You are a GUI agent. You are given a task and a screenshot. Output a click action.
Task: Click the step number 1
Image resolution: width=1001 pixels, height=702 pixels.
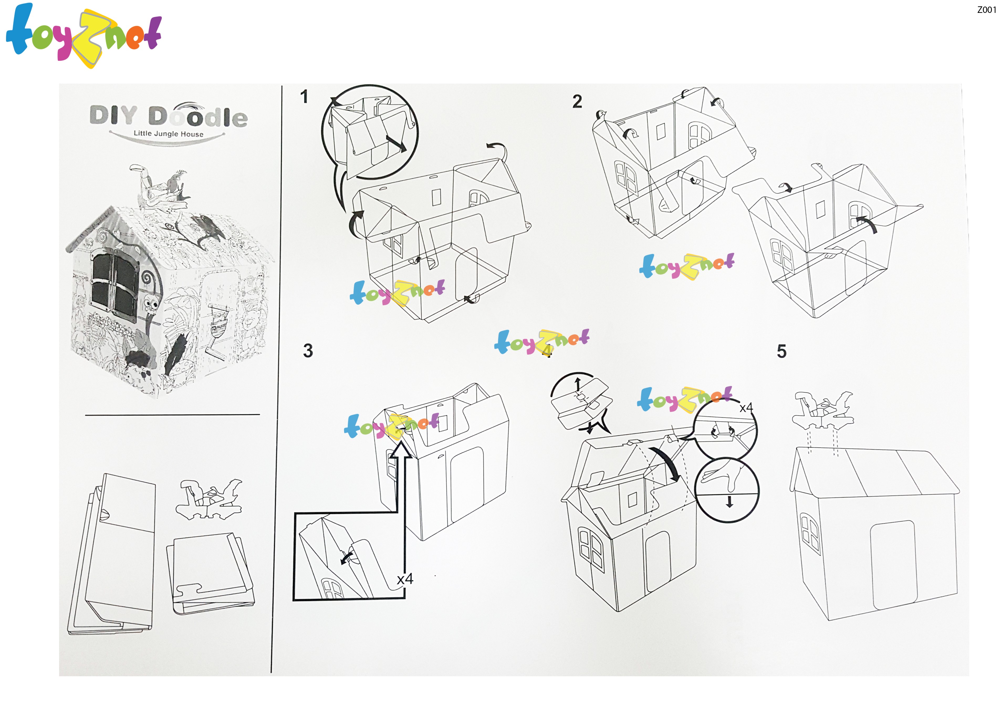tap(304, 96)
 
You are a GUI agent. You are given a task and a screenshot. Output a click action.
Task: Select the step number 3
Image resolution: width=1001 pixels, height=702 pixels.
tap(308, 351)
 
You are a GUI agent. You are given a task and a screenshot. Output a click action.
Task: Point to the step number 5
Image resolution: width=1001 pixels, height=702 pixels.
tap(782, 351)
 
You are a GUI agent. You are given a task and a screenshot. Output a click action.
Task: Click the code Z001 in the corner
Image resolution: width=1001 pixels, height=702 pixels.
tap(987, 10)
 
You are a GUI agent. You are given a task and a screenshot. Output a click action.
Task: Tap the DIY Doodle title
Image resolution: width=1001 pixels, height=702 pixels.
tap(169, 116)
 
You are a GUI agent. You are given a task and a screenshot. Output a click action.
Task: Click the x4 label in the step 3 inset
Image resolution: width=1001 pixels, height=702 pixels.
tap(405, 579)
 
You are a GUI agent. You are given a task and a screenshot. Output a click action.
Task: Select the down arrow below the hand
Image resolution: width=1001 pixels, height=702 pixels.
tap(729, 502)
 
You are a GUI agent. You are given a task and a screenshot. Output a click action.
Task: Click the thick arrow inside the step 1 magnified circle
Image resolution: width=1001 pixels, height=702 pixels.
tap(396, 143)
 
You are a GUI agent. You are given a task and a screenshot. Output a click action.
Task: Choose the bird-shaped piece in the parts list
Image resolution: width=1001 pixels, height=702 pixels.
tap(209, 499)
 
